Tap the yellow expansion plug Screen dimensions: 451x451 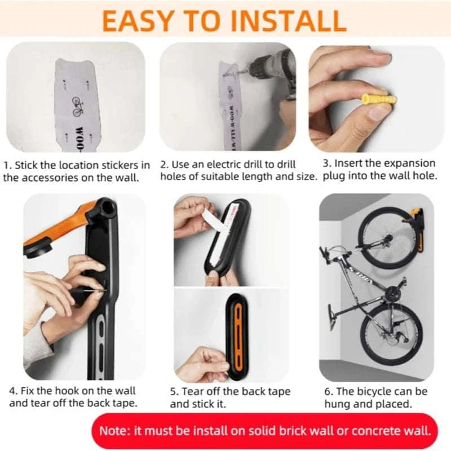click(378, 100)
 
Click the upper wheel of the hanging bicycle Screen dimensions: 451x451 click(388, 239)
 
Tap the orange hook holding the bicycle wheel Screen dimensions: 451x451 click(415, 217)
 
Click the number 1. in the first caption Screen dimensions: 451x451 click(7, 165)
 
